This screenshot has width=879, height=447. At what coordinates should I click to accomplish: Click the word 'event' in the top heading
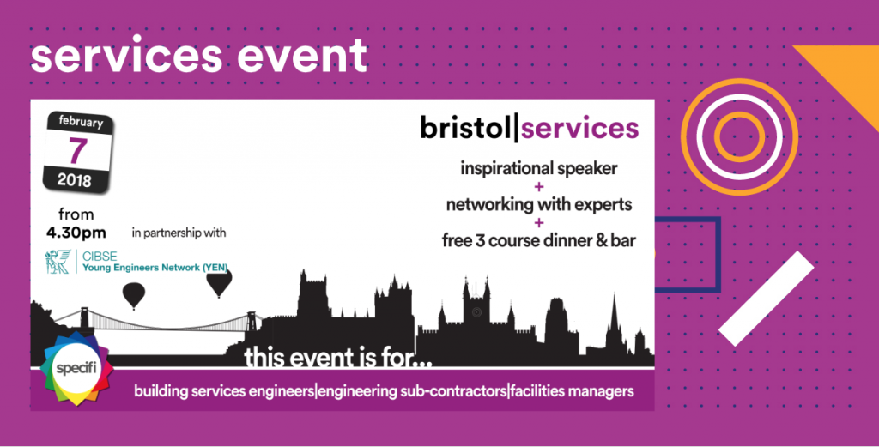[x=302, y=56]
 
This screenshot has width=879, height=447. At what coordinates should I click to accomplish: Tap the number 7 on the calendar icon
[x=78, y=150]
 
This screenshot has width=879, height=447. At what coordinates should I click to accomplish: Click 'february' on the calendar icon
[x=82, y=121]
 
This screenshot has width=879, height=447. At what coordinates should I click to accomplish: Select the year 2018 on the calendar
[x=74, y=180]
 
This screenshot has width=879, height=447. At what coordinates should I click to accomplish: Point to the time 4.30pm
[x=76, y=233]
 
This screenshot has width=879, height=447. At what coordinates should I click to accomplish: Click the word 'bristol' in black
[x=466, y=128]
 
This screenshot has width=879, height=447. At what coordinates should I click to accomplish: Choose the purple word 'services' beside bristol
[x=579, y=129]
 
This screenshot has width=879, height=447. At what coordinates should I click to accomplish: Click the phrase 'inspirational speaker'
[x=539, y=168]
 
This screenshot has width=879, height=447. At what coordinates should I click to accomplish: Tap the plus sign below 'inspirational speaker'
[x=539, y=187]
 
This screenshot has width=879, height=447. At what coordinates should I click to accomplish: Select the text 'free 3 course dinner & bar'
[x=539, y=241]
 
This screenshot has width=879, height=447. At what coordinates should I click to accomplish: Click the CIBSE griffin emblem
[x=58, y=262]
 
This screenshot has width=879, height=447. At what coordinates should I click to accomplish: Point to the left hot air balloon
[x=133, y=295]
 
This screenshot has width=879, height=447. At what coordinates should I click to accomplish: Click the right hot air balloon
[x=219, y=283]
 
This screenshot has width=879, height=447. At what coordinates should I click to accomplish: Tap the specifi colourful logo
[x=76, y=369]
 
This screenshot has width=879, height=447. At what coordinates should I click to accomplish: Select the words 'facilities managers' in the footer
[x=573, y=391]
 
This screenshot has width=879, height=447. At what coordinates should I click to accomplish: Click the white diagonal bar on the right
[x=766, y=298]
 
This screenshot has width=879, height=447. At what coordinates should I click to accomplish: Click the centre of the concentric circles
[x=739, y=136]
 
